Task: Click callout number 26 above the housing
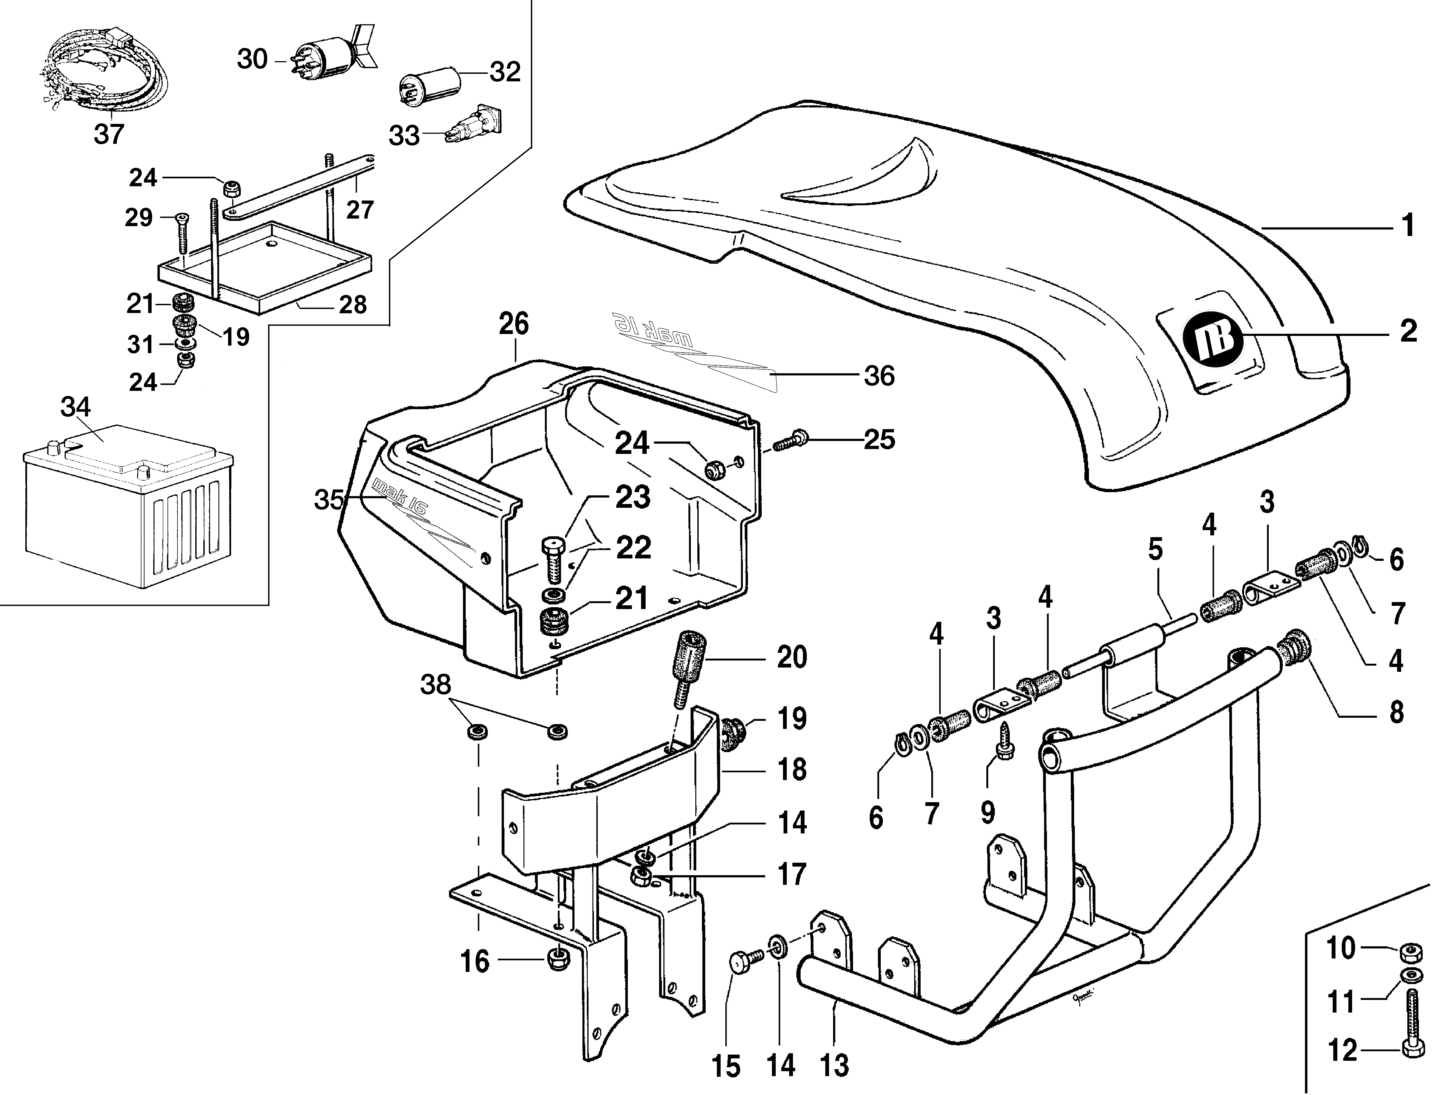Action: pos(514,324)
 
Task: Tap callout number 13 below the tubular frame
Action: pos(835,1066)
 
